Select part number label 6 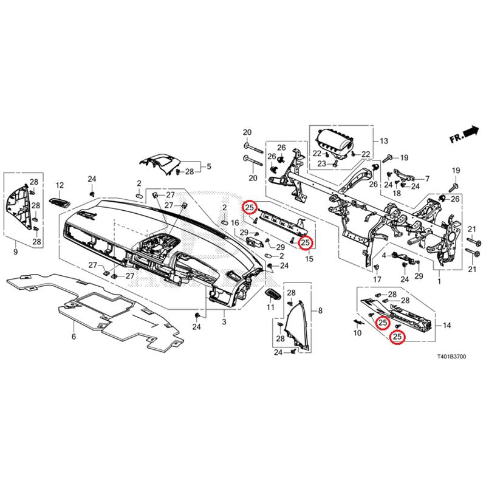(74, 337)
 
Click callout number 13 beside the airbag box (384, 142)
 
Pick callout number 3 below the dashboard (224, 321)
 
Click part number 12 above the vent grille (60, 185)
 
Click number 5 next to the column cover (209, 166)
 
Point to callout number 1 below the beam (440, 282)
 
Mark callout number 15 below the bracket (309, 259)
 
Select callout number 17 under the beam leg (377, 279)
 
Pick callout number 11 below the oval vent (272, 309)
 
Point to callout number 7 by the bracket (427, 179)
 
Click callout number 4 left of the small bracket (384, 256)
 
